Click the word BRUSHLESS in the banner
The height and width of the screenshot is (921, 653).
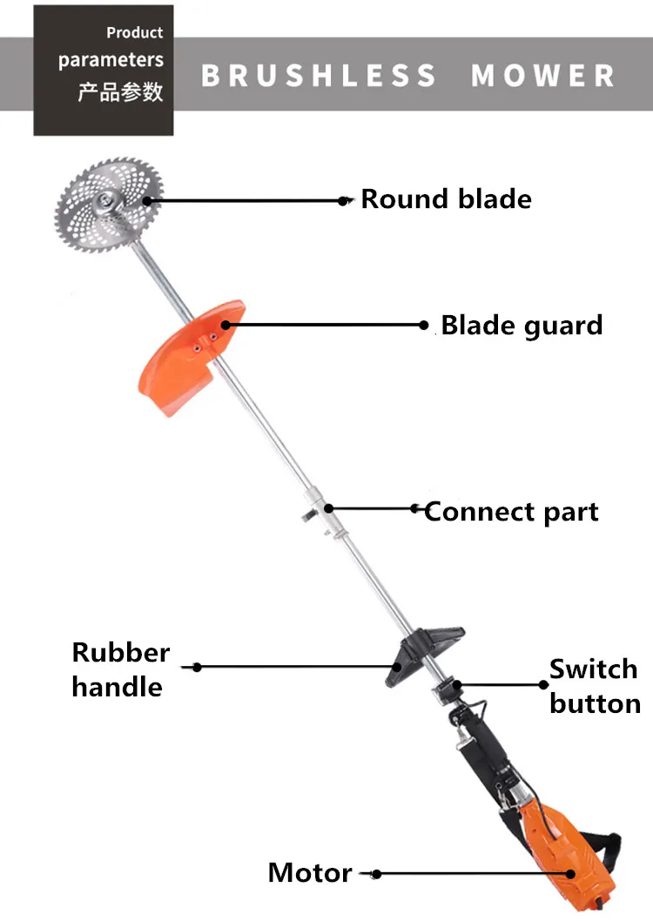319,75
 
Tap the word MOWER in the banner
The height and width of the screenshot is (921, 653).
542,75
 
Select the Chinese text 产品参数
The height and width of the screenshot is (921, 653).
120,92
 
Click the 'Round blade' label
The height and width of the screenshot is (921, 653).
446,198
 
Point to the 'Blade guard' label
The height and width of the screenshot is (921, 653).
522,326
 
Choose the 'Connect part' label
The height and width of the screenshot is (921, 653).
511,511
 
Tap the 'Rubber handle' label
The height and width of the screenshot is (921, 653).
120,669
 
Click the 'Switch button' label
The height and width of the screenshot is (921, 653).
595,686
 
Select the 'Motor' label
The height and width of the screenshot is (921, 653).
310,872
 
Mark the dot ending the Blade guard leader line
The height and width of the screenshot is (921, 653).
424,326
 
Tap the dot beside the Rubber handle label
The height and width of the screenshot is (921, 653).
197,668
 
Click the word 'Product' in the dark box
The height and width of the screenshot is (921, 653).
134,33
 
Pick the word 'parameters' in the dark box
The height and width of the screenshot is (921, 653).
111,60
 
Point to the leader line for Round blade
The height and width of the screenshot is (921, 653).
244,200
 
